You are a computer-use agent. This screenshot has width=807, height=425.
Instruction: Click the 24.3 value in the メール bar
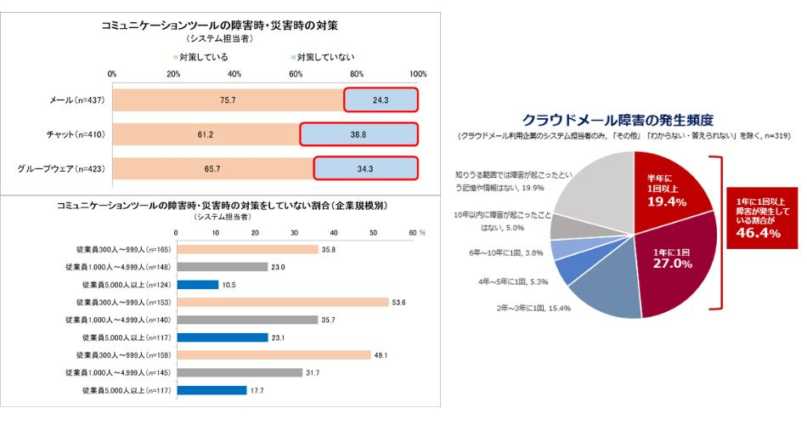[x=381, y=100]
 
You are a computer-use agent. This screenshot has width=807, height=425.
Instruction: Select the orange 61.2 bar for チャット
[x=206, y=134]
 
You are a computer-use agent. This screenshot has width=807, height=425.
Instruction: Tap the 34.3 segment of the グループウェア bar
[x=365, y=168]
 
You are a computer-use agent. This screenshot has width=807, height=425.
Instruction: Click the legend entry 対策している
[x=200, y=57]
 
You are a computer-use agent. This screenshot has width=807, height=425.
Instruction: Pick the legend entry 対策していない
[x=322, y=57]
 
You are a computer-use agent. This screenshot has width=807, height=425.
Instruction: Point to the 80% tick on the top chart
[x=357, y=74]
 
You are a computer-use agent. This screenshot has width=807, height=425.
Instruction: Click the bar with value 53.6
[x=281, y=302]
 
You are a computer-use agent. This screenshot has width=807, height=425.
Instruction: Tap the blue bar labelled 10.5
[x=196, y=284]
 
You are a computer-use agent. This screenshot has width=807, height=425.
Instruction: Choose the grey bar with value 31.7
[x=238, y=373]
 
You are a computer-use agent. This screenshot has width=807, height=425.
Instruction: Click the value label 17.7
[x=233, y=391]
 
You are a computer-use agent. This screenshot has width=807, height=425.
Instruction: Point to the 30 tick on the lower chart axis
[x=294, y=232]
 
